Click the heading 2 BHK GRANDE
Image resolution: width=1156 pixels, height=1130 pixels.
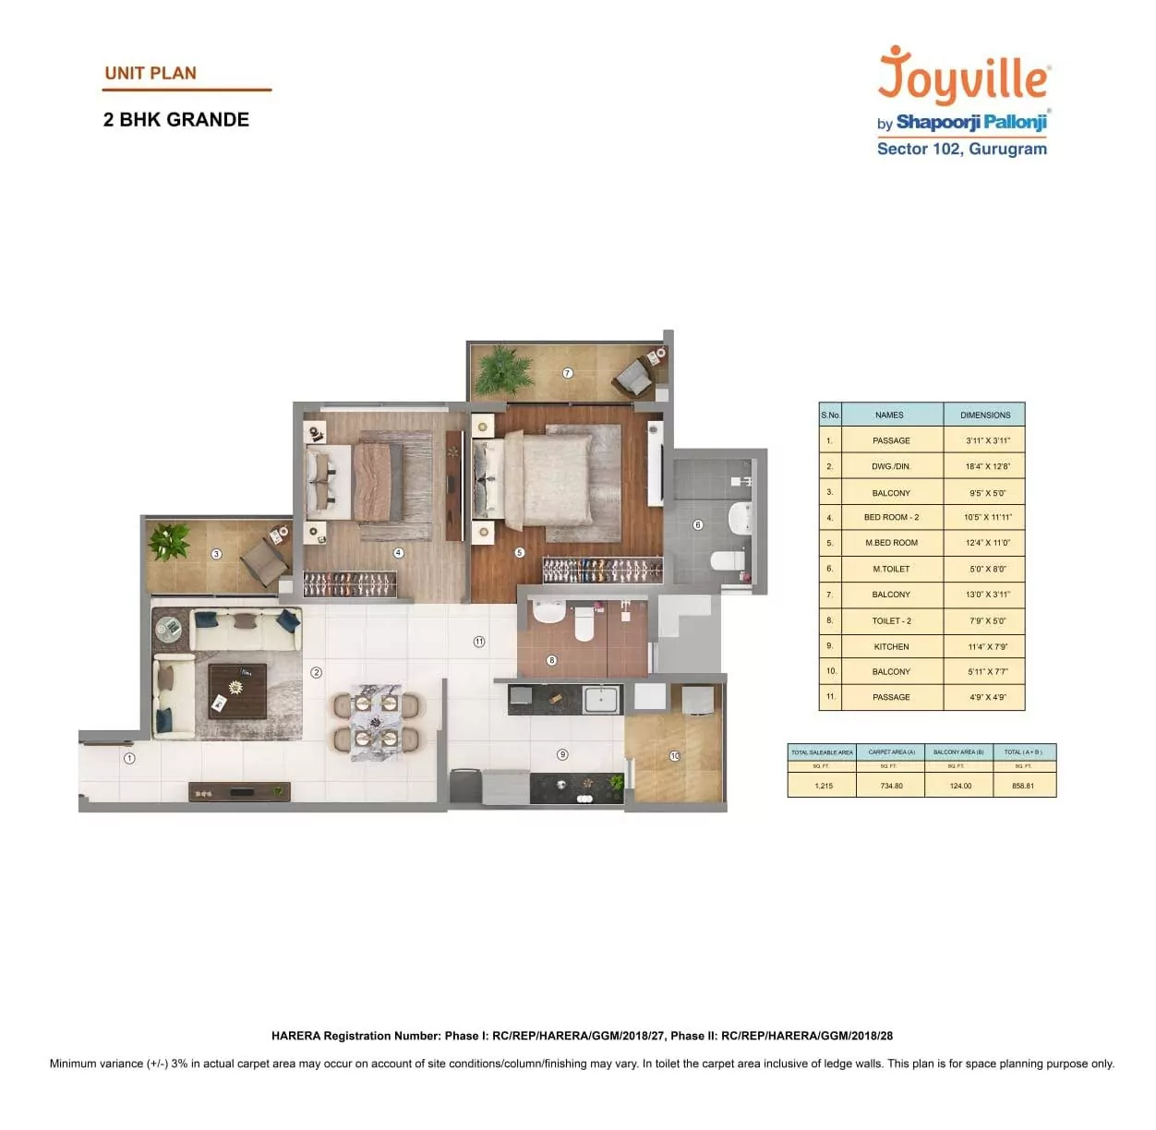pos(176,120)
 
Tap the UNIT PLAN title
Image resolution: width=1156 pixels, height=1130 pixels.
pos(151,73)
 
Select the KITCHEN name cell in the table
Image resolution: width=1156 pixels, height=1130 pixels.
pos(891,646)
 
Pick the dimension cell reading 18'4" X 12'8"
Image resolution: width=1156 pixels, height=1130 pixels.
pos(987,466)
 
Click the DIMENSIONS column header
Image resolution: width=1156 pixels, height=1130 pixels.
pos(985,415)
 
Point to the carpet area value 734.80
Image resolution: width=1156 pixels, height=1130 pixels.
pos(891,786)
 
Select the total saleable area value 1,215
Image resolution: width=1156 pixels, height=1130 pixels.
pos(823,786)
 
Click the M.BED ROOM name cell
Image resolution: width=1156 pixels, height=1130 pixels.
pos(891,543)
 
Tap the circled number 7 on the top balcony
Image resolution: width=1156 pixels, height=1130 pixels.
pos(568,373)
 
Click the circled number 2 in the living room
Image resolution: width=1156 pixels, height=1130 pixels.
pos(317,672)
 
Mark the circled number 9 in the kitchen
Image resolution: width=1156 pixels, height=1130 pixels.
pos(562,754)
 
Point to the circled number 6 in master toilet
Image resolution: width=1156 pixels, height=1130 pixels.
pos(698,524)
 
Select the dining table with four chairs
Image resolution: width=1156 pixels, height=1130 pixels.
pos(377,721)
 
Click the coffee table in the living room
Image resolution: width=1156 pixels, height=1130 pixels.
pos(236,691)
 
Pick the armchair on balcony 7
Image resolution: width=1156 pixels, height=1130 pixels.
pos(634,376)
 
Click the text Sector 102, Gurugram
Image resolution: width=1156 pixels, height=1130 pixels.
pos(961,149)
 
